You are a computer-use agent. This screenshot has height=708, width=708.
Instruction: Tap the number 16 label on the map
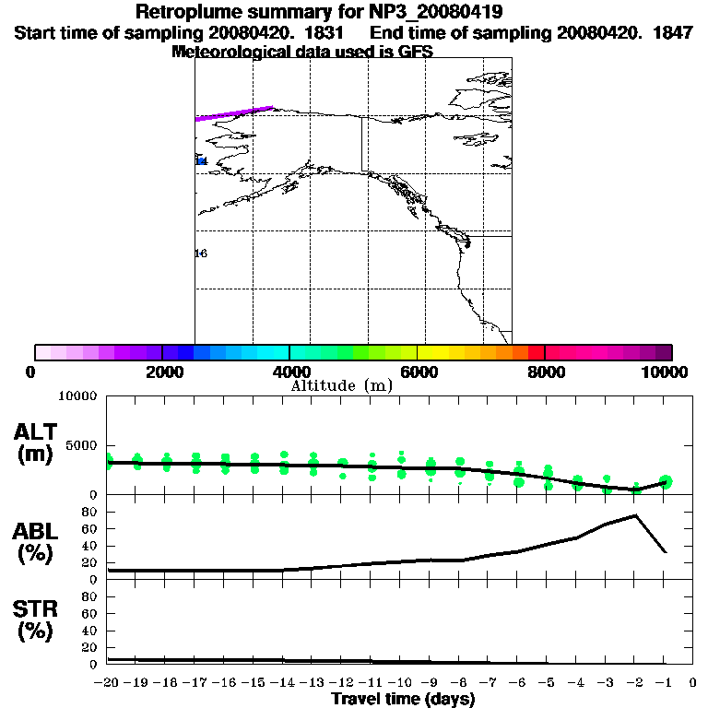[x=201, y=253]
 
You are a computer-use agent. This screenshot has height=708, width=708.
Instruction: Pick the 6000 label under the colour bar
[x=418, y=372]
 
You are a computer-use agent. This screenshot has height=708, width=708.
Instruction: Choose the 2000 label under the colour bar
[x=162, y=372]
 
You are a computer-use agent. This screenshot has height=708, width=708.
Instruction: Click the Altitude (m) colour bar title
[x=341, y=385]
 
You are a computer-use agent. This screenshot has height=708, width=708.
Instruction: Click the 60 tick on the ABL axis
[x=89, y=529]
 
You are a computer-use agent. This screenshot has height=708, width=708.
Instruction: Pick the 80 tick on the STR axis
[x=89, y=596]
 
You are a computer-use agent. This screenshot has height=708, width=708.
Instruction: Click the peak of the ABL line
[x=635, y=515]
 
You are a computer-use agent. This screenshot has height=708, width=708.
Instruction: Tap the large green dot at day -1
[x=666, y=481]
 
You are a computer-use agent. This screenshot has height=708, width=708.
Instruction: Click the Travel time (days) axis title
[x=403, y=699]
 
